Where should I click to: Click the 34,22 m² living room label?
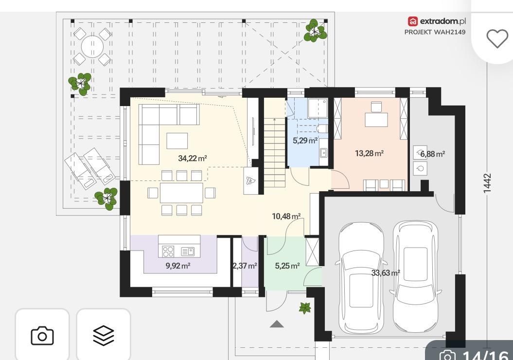tap(193, 159)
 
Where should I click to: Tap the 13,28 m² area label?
tap(370, 153)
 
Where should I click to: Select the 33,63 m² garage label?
tap(386, 272)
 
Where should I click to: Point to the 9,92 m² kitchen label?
tap(178, 266)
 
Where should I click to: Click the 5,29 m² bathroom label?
tap(305, 141)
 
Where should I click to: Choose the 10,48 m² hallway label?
tap(286, 216)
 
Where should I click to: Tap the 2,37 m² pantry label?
tap(245, 266)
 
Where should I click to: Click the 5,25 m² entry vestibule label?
tap(287, 266)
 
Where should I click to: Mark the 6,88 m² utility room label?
tap(432, 154)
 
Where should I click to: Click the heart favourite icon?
tap(497, 38)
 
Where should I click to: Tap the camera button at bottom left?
tap(42, 336)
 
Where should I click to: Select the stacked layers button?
tap(104, 336)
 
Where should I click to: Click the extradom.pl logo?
tap(437, 21)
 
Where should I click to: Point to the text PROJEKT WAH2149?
tap(435, 32)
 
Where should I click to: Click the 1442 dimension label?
tap(487, 183)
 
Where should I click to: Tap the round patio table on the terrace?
tap(92, 47)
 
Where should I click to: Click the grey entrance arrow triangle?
tap(277, 324)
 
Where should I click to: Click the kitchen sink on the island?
tap(188, 252)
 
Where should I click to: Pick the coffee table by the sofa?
tap(177, 141)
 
